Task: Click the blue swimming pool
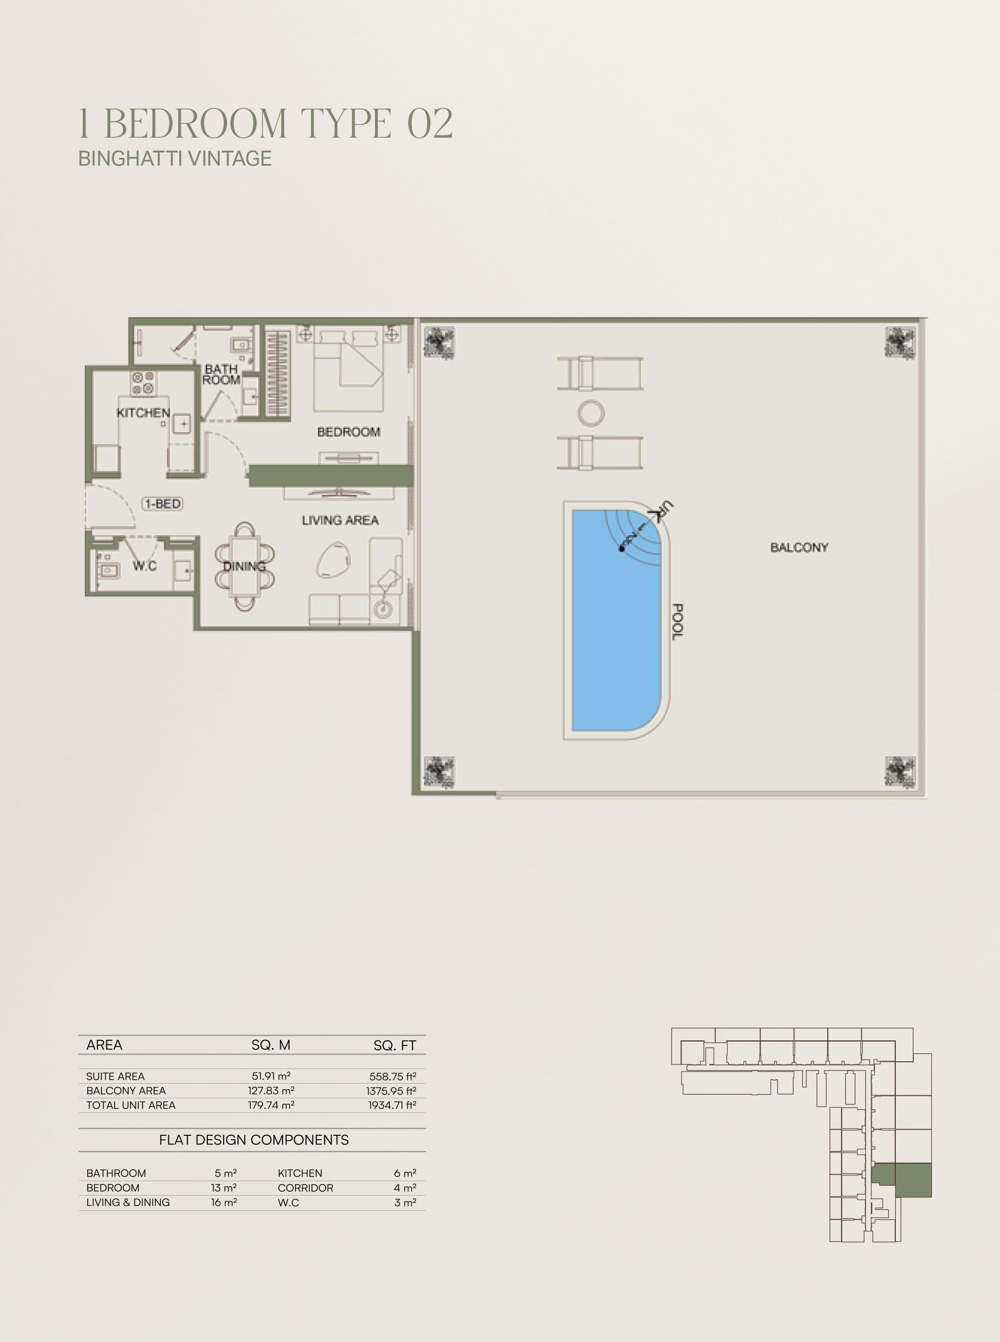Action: click(616, 620)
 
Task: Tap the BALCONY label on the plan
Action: click(799, 547)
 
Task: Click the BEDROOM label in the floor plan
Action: click(349, 432)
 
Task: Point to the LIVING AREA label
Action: click(340, 520)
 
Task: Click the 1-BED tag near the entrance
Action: click(162, 503)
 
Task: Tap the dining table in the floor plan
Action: click(245, 566)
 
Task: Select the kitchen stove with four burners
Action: click(144, 383)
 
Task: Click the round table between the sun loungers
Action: click(590, 413)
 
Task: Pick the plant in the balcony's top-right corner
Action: click(900, 343)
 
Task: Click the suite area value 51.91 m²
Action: click(271, 1076)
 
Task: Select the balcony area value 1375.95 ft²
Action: click(391, 1091)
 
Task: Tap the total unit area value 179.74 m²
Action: click(271, 1105)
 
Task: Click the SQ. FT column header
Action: click(395, 1045)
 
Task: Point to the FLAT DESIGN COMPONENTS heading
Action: click(254, 1140)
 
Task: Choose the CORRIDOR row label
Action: click(306, 1188)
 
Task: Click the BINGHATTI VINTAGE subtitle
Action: click(175, 158)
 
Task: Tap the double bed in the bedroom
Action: click(348, 371)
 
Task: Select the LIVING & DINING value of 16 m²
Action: click(224, 1203)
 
